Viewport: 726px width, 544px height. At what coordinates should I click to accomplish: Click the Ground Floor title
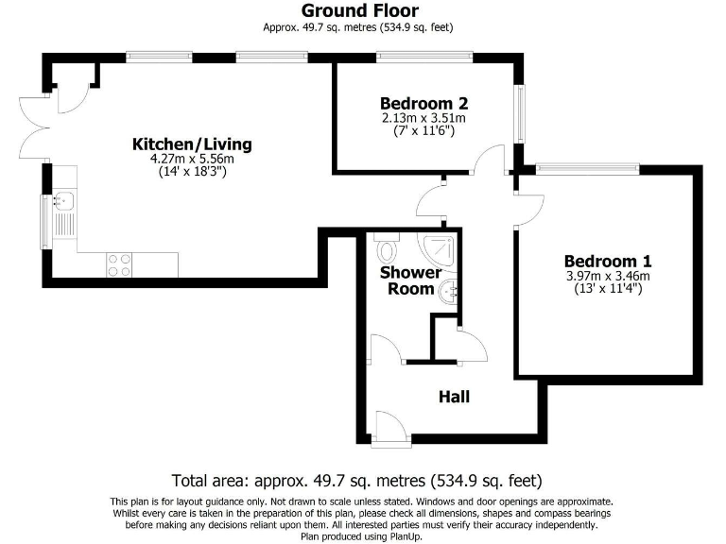pyautogui.click(x=362, y=11)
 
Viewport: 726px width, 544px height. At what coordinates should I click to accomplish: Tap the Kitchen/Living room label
pyautogui.click(x=192, y=144)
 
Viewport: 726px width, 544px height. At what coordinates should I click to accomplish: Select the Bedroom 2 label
pyautogui.click(x=423, y=103)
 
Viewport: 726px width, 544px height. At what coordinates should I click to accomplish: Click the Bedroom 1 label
pyautogui.click(x=608, y=261)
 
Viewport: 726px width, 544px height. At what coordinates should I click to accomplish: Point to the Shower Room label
pyautogui.click(x=410, y=280)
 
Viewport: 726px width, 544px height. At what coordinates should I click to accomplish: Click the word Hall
pyautogui.click(x=454, y=398)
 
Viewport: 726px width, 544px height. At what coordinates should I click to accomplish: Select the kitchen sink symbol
pyautogui.click(x=63, y=200)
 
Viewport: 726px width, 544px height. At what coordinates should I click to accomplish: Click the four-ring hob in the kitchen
pyautogui.click(x=120, y=264)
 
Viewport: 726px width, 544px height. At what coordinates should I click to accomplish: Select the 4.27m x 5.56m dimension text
pyautogui.click(x=192, y=160)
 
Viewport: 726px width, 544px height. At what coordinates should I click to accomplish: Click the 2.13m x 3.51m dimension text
pyautogui.click(x=423, y=118)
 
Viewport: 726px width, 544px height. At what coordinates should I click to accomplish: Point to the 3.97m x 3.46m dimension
pyautogui.click(x=608, y=276)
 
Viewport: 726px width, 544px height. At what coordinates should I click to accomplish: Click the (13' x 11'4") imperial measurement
pyautogui.click(x=608, y=289)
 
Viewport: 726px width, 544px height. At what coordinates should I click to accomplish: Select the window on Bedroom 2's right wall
pyautogui.click(x=518, y=114)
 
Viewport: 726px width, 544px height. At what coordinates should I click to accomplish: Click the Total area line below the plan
pyautogui.click(x=356, y=480)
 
